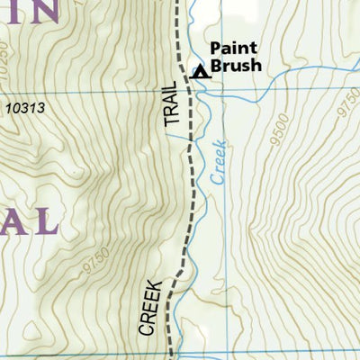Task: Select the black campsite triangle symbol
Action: pyautogui.click(x=201, y=73)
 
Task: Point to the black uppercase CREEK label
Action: pyautogui.click(x=150, y=307)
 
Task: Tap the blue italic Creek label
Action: pyautogui.click(x=220, y=161)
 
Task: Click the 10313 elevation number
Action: pyautogui.click(x=24, y=108)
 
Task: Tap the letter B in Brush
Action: pyautogui.click(x=215, y=67)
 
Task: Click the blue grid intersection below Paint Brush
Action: pyautogui.click(x=191, y=92)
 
